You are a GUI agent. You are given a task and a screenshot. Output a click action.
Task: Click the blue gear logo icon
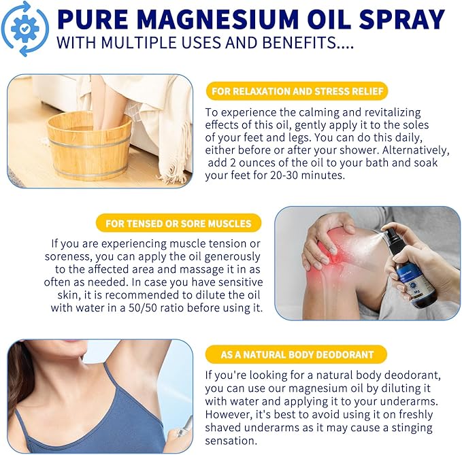tap(24, 29)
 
